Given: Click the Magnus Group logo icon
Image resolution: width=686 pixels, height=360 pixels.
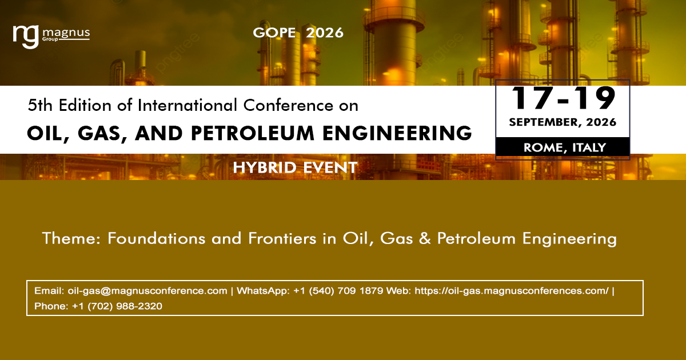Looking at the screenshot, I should (x=26, y=36).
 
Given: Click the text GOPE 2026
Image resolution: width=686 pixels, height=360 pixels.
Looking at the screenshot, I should (x=298, y=33).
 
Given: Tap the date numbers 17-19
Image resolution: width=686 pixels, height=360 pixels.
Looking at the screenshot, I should (x=563, y=98).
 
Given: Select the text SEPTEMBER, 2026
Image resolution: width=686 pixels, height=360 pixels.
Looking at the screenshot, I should (x=563, y=122).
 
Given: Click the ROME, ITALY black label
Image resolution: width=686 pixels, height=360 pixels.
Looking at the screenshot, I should (x=563, y=147).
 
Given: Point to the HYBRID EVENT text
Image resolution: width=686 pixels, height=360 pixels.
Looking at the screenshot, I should (x=295, y=167).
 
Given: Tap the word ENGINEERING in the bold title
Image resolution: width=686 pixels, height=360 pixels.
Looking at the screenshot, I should (x=398, y=133).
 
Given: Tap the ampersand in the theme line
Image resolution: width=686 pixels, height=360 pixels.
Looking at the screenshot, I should (x=425, y=238).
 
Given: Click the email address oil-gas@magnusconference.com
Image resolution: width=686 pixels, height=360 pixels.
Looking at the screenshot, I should (x=147, y=291).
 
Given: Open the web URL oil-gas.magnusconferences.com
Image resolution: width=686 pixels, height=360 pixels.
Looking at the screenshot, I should (x=512, y=291).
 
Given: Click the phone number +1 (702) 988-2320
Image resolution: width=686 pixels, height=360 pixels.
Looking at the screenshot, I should (x=117, y=306).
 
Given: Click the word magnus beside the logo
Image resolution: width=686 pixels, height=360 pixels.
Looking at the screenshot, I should (x=66, y=33).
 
